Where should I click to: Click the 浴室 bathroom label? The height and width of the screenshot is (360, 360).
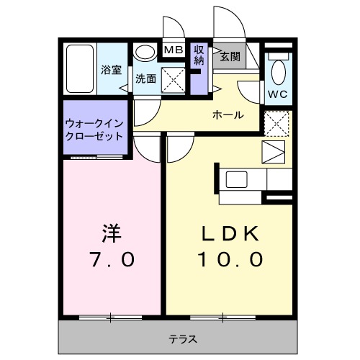111,71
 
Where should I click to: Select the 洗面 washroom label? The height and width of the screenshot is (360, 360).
145,79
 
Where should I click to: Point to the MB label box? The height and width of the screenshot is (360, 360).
172,50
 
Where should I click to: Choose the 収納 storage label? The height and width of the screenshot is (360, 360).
199,55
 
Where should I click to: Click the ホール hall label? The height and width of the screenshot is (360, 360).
227,115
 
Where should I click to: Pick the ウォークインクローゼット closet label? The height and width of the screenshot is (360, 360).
94,129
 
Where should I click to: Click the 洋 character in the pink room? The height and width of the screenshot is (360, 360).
109,234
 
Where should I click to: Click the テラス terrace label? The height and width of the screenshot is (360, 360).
183,338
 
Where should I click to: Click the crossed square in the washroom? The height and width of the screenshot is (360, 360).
173,79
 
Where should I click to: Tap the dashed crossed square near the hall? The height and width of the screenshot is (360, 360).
276,123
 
